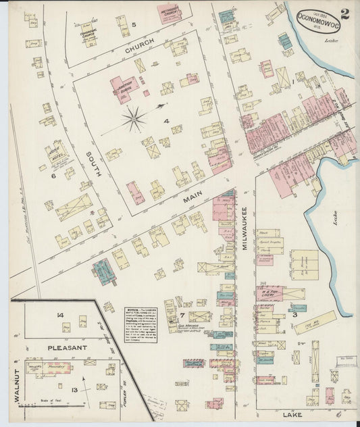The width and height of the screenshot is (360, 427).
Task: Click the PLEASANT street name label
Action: pyautogui.click(x=67, y=347)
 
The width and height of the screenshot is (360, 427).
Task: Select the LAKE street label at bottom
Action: pyautogui.click(x=292, y=414)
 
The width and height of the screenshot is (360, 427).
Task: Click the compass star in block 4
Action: pyautogui.click(x=134, y=119)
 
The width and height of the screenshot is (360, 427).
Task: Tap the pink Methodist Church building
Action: pyautogui.click(x=170, y=13)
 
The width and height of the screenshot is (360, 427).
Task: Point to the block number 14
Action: pyautogui.click(x=60, y=315)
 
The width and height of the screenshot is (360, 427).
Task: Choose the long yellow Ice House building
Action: pyautogui.click(x=314, y=322)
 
